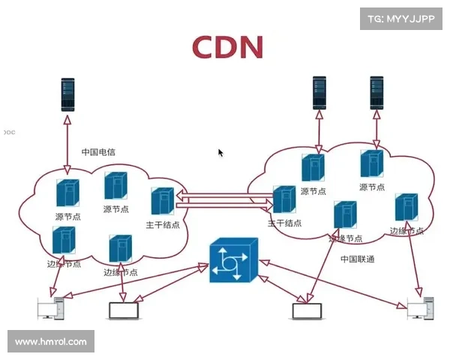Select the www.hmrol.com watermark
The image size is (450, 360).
click(51, 342)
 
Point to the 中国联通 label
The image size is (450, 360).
click(357, 259)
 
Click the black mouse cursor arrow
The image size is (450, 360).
click(220, 152)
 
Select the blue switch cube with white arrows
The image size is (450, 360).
click(233, 260)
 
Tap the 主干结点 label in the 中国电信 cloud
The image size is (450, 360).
click(163, 225)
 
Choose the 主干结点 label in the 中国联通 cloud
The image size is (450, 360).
click(285, 223)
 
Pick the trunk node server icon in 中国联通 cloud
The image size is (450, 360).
click(283, 199)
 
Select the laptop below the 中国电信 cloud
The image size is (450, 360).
click(124, 310)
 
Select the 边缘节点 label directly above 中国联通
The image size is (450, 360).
click(345, 238)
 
